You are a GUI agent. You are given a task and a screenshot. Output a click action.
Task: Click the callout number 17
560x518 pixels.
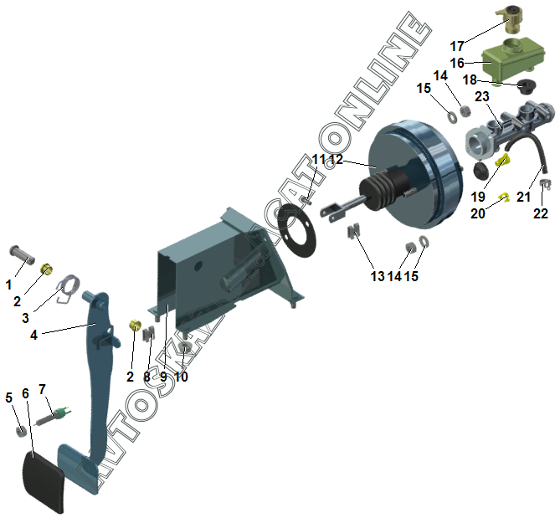457,46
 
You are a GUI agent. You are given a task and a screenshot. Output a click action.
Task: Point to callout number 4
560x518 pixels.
33,335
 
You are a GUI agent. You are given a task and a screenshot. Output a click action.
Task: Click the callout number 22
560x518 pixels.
542,214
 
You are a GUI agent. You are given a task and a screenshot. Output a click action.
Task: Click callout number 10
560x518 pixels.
182,377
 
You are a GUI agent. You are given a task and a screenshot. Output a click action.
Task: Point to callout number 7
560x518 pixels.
42,389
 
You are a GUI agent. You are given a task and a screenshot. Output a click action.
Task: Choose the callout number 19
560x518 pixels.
478,196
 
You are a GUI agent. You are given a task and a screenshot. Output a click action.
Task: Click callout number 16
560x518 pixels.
457,63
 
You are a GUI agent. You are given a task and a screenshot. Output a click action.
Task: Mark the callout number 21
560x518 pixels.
523,196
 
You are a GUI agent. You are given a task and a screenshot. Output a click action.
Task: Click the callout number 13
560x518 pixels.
378,277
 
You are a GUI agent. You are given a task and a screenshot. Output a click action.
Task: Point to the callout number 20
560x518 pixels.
479,213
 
